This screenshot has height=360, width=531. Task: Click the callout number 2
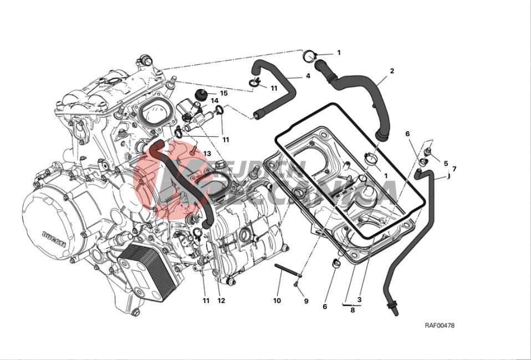tap(392, 71)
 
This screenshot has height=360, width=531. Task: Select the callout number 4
tap(307, 76)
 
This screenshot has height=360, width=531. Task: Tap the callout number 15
tap(224, 93)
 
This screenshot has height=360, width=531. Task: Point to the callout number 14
tap(214, 101)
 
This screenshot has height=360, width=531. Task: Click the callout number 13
tap(207, 153)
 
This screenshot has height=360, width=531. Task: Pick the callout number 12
tap(221, 301)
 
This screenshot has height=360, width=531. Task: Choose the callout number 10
tap(277, 301)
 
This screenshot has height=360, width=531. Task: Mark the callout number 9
tap(306, 301)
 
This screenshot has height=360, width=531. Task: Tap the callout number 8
tap(353, 310)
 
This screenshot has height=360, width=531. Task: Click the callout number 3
tap(359, 300)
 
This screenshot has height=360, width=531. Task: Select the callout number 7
tap(454, 169)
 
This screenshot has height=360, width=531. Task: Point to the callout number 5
tap(446, 163)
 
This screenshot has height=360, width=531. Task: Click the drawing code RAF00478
tap(440, 326)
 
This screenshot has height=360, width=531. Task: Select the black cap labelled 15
tap(203, 93)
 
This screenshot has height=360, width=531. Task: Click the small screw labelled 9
tap(296, 284)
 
